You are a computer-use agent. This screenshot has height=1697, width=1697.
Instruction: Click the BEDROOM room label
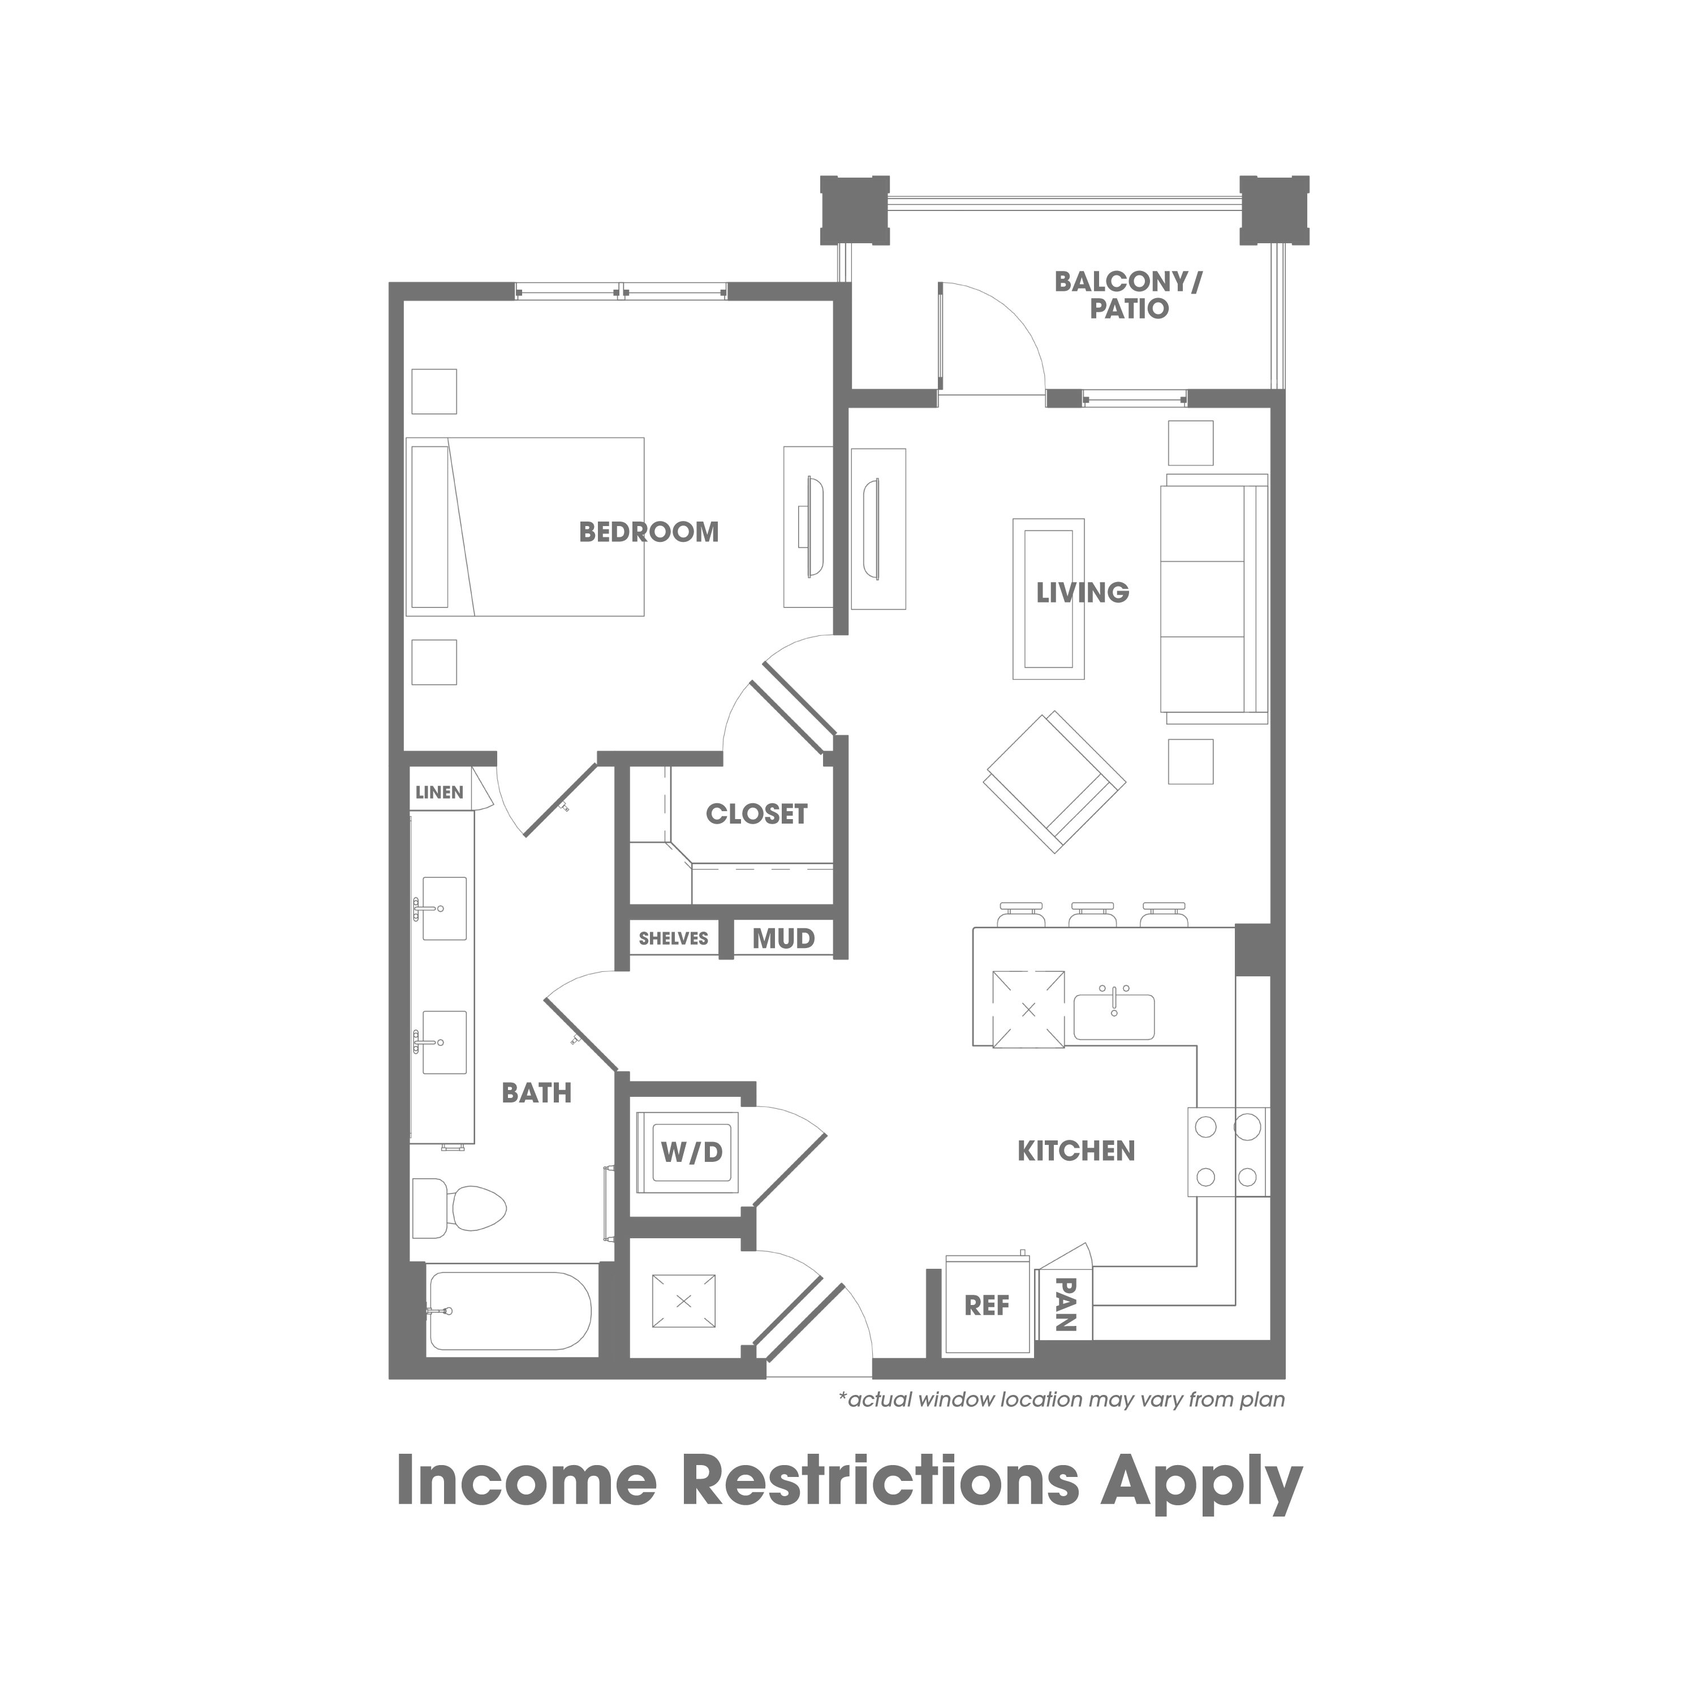(x=649, y=532)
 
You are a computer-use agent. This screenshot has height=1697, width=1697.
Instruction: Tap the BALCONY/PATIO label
(x=1129, y=295)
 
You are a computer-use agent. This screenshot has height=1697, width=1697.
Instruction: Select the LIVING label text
(x=1082, y=593)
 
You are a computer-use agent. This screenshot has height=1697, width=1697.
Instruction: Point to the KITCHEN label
(x=1076, y=1151)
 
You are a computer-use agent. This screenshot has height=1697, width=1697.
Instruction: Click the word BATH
(x=537, y=1093)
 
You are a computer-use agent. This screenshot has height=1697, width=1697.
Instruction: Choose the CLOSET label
(x=756, y=814)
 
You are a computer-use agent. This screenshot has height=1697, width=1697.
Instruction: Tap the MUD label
(x=783, y=939)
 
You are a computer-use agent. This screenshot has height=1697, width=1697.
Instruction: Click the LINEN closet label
(x=439, y=792)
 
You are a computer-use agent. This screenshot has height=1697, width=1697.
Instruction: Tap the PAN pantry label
(x=1066, y=1304)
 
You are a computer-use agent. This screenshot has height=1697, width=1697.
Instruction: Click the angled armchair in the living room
(x=1054, y=781)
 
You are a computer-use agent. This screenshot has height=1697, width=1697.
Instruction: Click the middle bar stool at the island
(x=1091, y=914)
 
